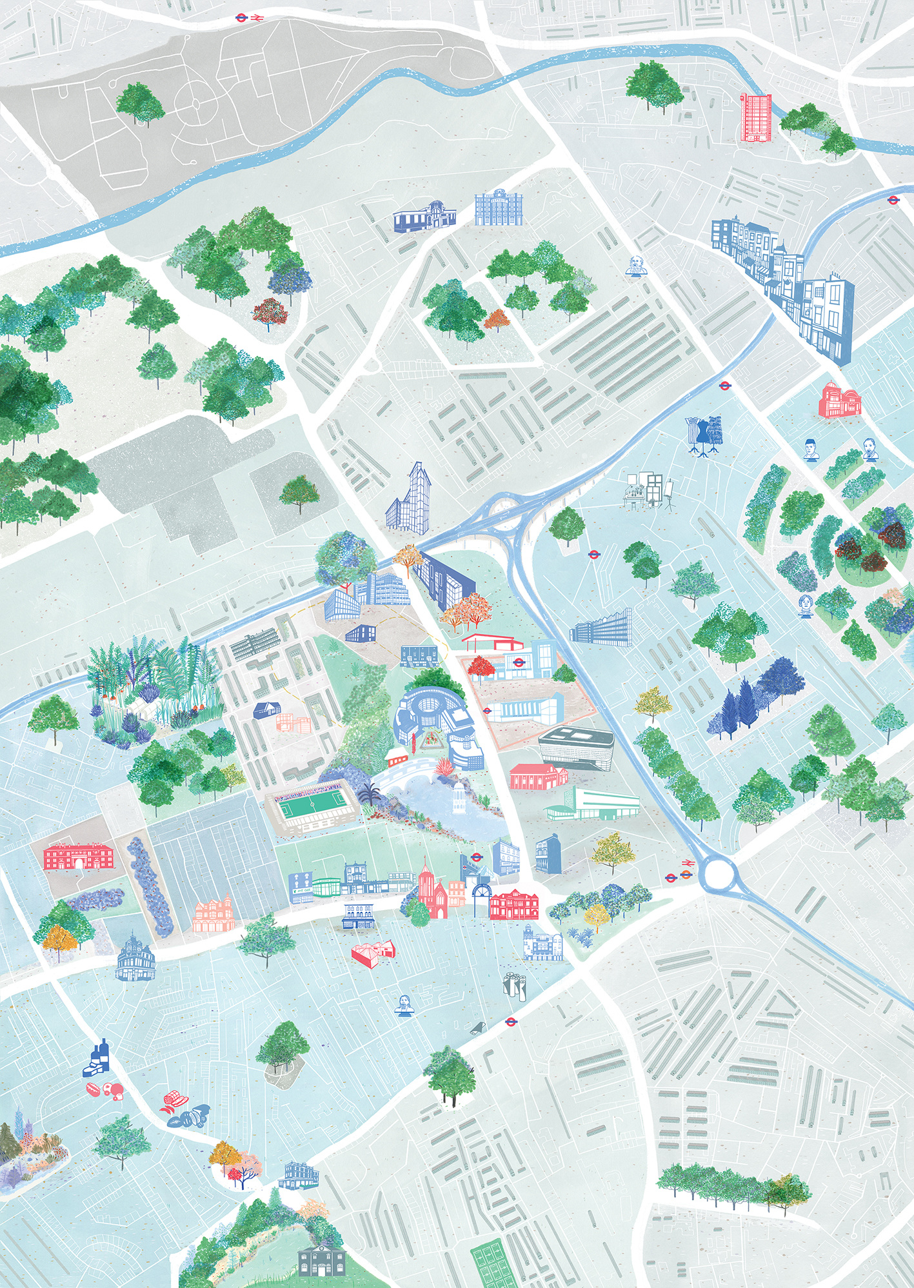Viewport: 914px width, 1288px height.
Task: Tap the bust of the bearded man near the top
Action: pos(636,265)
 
